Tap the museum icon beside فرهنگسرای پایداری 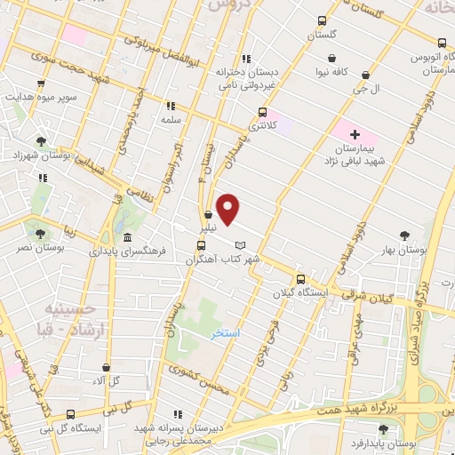tap(128, 238)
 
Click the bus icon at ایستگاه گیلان tap(300, 277)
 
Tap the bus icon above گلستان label tap(321, 20)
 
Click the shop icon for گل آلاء tap(106, 367)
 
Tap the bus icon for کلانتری tap(261, 112)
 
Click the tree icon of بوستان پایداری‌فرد tap(383, 429)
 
